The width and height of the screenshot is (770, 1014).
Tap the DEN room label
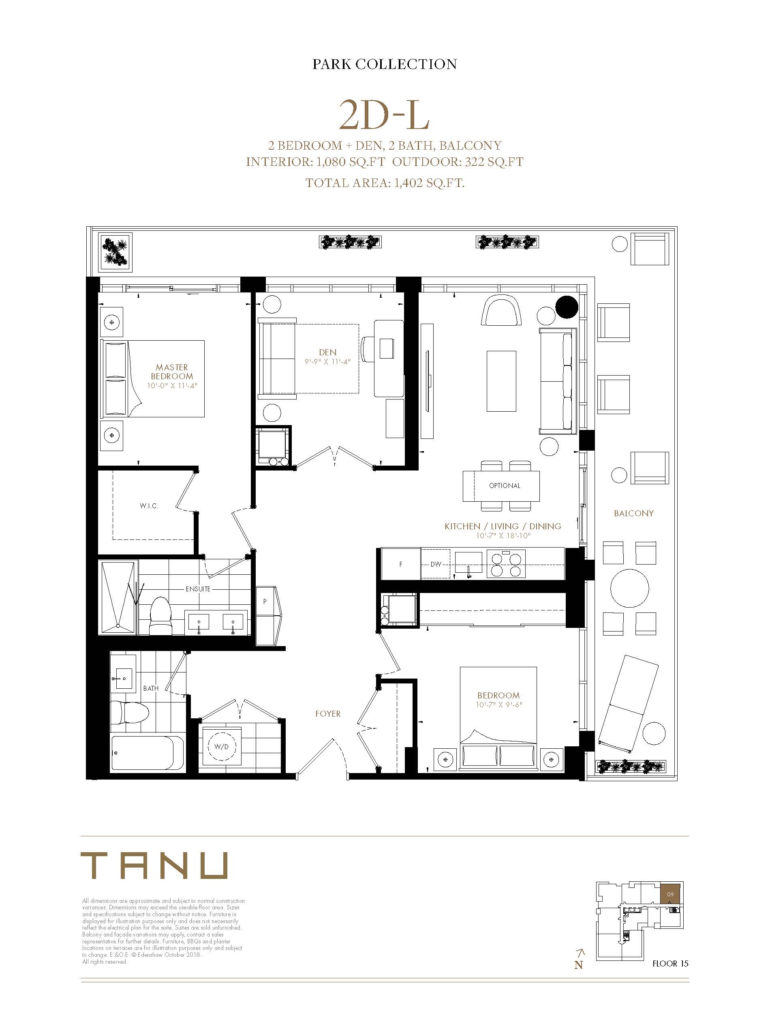(328, 352)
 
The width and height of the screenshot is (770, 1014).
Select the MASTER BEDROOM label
(172, 372)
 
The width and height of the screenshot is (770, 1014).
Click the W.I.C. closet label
(149, 506)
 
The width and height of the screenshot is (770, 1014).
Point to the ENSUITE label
(198, 589)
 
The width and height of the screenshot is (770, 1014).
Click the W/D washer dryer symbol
(221, 747)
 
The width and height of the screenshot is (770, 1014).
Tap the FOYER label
(328, 713)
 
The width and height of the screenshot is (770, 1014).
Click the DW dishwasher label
(435, 564)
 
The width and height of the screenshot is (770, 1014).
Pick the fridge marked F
(401, 564)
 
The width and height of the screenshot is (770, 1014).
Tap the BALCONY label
(633, 513)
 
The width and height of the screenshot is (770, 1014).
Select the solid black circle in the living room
(567, 307)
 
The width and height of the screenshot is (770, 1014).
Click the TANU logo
(154, 866)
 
